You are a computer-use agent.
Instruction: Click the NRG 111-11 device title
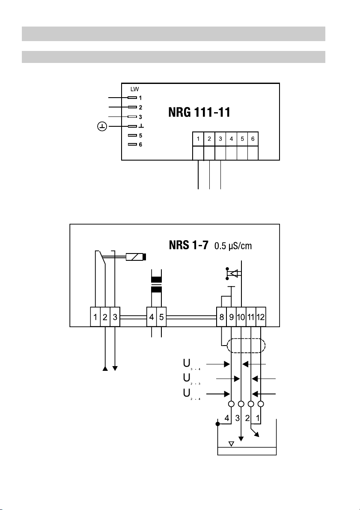[x=198, y=113]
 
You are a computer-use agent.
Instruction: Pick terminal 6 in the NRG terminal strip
[x=253, y=139]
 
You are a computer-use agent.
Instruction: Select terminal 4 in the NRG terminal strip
[x=231, y=139]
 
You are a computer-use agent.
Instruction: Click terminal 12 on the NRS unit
[x=261, y=318]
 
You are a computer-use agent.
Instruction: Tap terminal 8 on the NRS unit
[x=221, y=318]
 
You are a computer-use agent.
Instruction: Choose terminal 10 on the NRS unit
[x=241, y=318]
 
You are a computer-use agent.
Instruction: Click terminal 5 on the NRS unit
[x=161, y=318]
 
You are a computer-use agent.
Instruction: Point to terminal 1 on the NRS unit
[x=95, y=318]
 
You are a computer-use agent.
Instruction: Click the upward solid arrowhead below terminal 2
[x=105, y=368]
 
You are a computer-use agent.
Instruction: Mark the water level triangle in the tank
[x=231, y=443]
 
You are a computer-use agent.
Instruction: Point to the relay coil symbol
[x=137, y=257]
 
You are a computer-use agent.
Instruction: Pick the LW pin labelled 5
[x=140, y=135]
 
